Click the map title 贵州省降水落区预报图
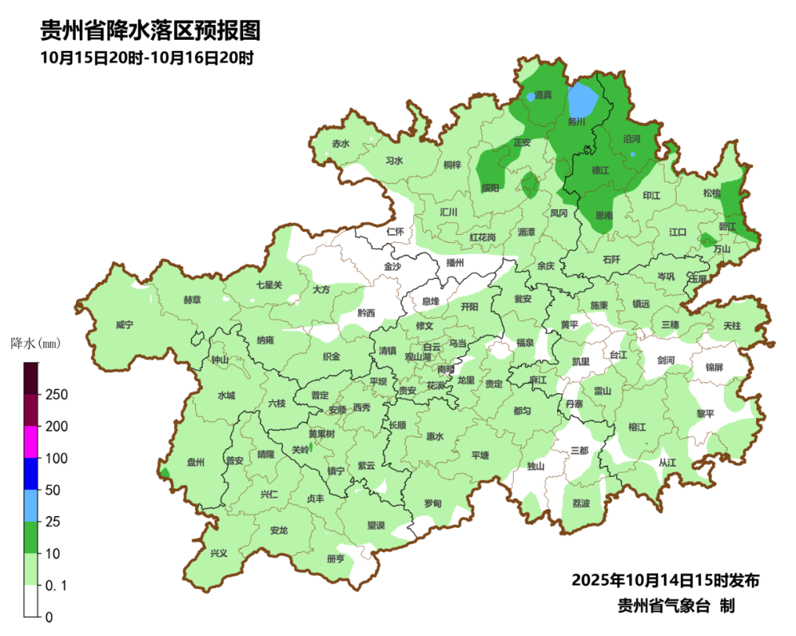tap(150, 31)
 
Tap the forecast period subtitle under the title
tap(147, 58)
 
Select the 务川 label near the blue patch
tap(576, 123)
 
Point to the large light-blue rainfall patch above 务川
tap(584, 98)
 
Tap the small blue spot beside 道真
tap(531, 96)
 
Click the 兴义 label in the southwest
tap(219, 553)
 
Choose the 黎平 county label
tap(705, 414)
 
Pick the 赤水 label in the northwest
tap(340, 144)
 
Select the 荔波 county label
tap(581, 504)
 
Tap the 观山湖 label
tap(421, 356)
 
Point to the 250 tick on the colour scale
tap(57, 395)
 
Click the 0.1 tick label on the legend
tap(57, 585)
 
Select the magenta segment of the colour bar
tap(31, 442)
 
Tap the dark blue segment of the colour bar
tap(31, 473)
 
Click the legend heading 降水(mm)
tap(35, 344)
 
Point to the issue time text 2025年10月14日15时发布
tap(665, 580)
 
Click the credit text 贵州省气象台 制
tap(675, 606)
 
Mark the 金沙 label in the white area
tap(392, 266)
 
